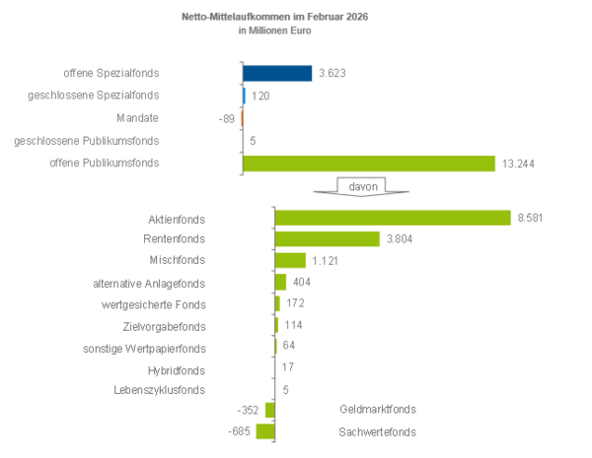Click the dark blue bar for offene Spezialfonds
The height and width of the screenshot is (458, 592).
click(x=277, y=73)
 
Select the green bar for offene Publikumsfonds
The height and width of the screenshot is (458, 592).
click(x=369, y=164)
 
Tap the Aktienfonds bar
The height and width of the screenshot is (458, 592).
click(x=393, y=218)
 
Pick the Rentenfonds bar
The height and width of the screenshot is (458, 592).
click(x=327, y=239)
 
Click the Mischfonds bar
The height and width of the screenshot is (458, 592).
click(x=290, y=261)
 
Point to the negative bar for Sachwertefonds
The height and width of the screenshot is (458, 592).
click(x=265, y=431)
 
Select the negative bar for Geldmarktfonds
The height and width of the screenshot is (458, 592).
click(x=269, y=410)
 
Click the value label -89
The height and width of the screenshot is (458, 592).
click(x=227, y=118)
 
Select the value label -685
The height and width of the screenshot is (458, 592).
click(x=238, y=431)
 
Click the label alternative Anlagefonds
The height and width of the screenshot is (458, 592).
click(x=149, y=283)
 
